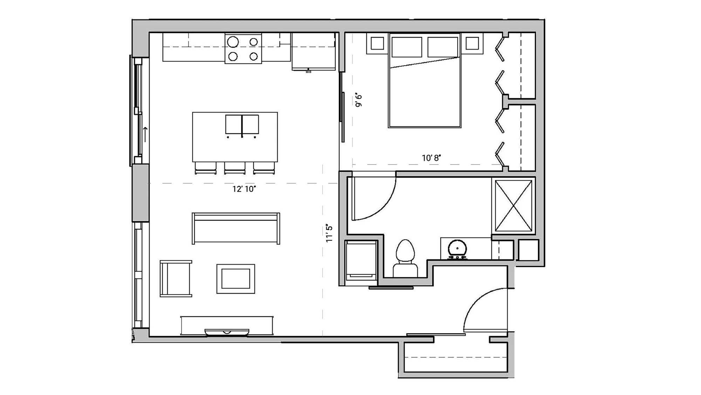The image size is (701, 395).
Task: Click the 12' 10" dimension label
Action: [244, 189]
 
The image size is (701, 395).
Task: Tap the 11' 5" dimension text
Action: [329, 233]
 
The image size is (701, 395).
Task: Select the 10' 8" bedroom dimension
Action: [431, 158]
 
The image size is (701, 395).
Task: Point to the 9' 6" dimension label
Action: [358, 100]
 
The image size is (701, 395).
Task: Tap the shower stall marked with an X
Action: [513, 206]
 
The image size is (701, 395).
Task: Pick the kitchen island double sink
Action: [242, 125]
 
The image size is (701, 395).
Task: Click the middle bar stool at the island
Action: [235, 168]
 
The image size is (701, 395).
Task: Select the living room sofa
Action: [236, 228]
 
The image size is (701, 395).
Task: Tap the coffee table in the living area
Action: [236, 279]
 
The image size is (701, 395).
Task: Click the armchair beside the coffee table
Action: [176, 279]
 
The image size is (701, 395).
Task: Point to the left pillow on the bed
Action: [407, 47]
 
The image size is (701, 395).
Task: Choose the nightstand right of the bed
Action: [472, 44]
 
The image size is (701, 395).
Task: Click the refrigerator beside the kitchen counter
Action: [314, 52]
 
